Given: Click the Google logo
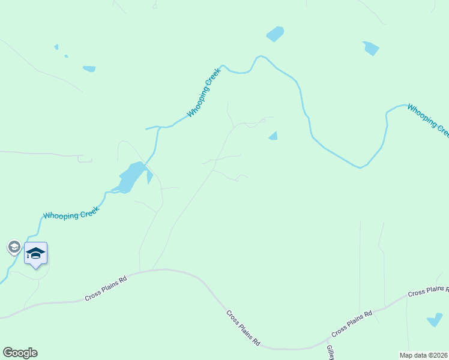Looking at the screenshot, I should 20,353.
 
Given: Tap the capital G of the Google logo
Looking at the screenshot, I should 8,353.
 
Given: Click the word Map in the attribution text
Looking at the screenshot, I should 406,355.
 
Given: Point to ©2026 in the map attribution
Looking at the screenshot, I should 439,355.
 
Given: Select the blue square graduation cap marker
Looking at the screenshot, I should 35,254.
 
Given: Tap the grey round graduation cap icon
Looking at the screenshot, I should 14,247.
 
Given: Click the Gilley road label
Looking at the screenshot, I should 330,352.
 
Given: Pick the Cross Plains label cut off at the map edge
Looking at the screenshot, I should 428,292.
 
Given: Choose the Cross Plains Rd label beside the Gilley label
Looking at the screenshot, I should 352,323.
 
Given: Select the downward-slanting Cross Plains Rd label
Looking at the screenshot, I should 243,328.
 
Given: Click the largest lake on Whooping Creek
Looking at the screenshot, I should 131,178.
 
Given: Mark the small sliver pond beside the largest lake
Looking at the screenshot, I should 149,178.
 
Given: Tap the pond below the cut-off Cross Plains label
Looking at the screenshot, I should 435,320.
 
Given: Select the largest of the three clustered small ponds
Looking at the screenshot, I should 89,68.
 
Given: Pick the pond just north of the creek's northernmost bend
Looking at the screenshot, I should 274,34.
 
